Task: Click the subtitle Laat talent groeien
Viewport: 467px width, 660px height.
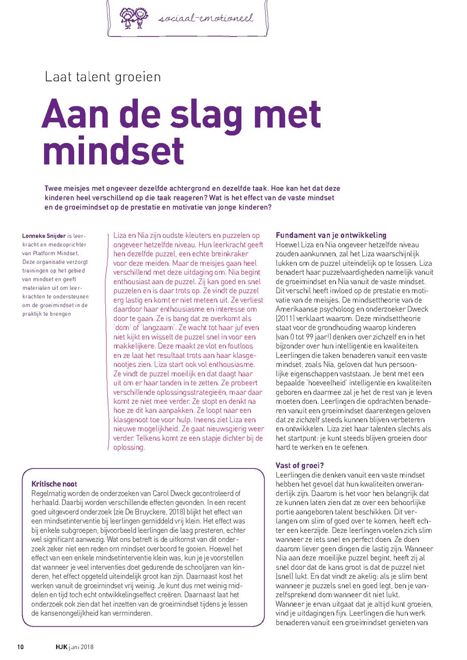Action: (x=103, y=77)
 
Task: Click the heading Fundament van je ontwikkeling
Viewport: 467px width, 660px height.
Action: (x=331, y=235)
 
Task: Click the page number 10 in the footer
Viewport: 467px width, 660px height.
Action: (x=21, y=647)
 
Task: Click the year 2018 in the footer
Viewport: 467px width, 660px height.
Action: (x=86, y=647)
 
